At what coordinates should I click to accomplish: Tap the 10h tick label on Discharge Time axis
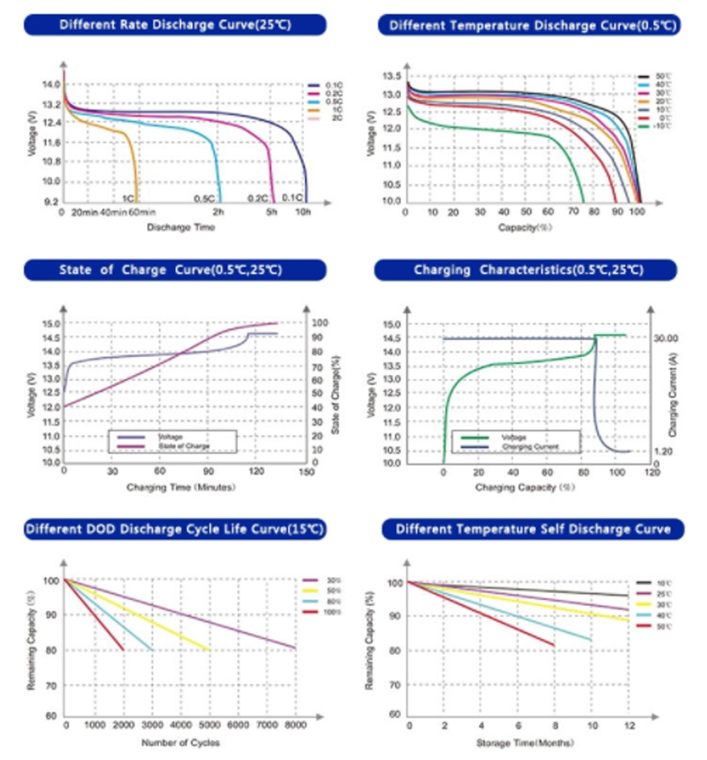click(302, 213)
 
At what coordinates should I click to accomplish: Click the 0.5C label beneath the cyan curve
click(204, 198)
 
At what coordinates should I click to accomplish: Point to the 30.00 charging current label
click(665, 338)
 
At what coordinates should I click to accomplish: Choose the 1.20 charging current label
click(665, 451)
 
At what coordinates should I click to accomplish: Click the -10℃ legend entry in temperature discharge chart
click(660, 125)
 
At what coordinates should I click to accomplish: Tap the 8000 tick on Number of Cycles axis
click(294, 726)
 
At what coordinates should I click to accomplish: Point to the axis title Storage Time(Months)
click(517, 741)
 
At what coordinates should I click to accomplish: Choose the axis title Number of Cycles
click(180, 742)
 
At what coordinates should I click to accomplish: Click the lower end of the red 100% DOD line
click(123, 650)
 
